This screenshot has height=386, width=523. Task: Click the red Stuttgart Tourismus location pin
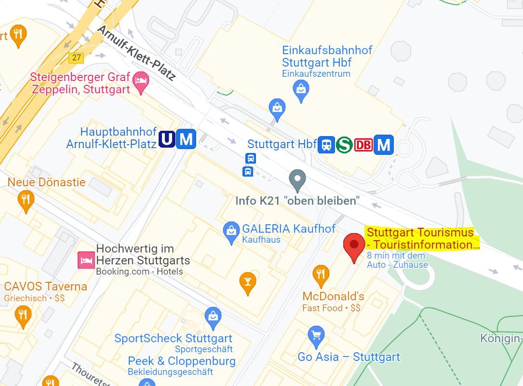coord(354,245)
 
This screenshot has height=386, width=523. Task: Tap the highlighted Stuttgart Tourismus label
coord(423,239)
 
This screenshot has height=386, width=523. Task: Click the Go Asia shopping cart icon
coord(316,335)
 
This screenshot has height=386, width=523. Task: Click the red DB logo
coord(363,145)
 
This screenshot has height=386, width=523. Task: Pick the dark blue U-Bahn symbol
coord(167,139)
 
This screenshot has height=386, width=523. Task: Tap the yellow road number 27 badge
coord(76,58)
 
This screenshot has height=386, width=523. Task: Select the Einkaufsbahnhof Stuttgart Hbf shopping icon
coord(301,89)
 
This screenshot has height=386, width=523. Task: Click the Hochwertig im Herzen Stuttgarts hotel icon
coord(86,260)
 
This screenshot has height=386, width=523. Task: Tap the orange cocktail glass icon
coord(248,281)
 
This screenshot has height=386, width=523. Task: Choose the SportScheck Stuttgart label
coord(173,338)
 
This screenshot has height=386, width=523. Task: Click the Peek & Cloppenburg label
coord(182,361)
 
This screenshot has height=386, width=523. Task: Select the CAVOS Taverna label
coord(46,287)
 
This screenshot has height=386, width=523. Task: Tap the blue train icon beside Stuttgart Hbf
coord(326,145)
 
